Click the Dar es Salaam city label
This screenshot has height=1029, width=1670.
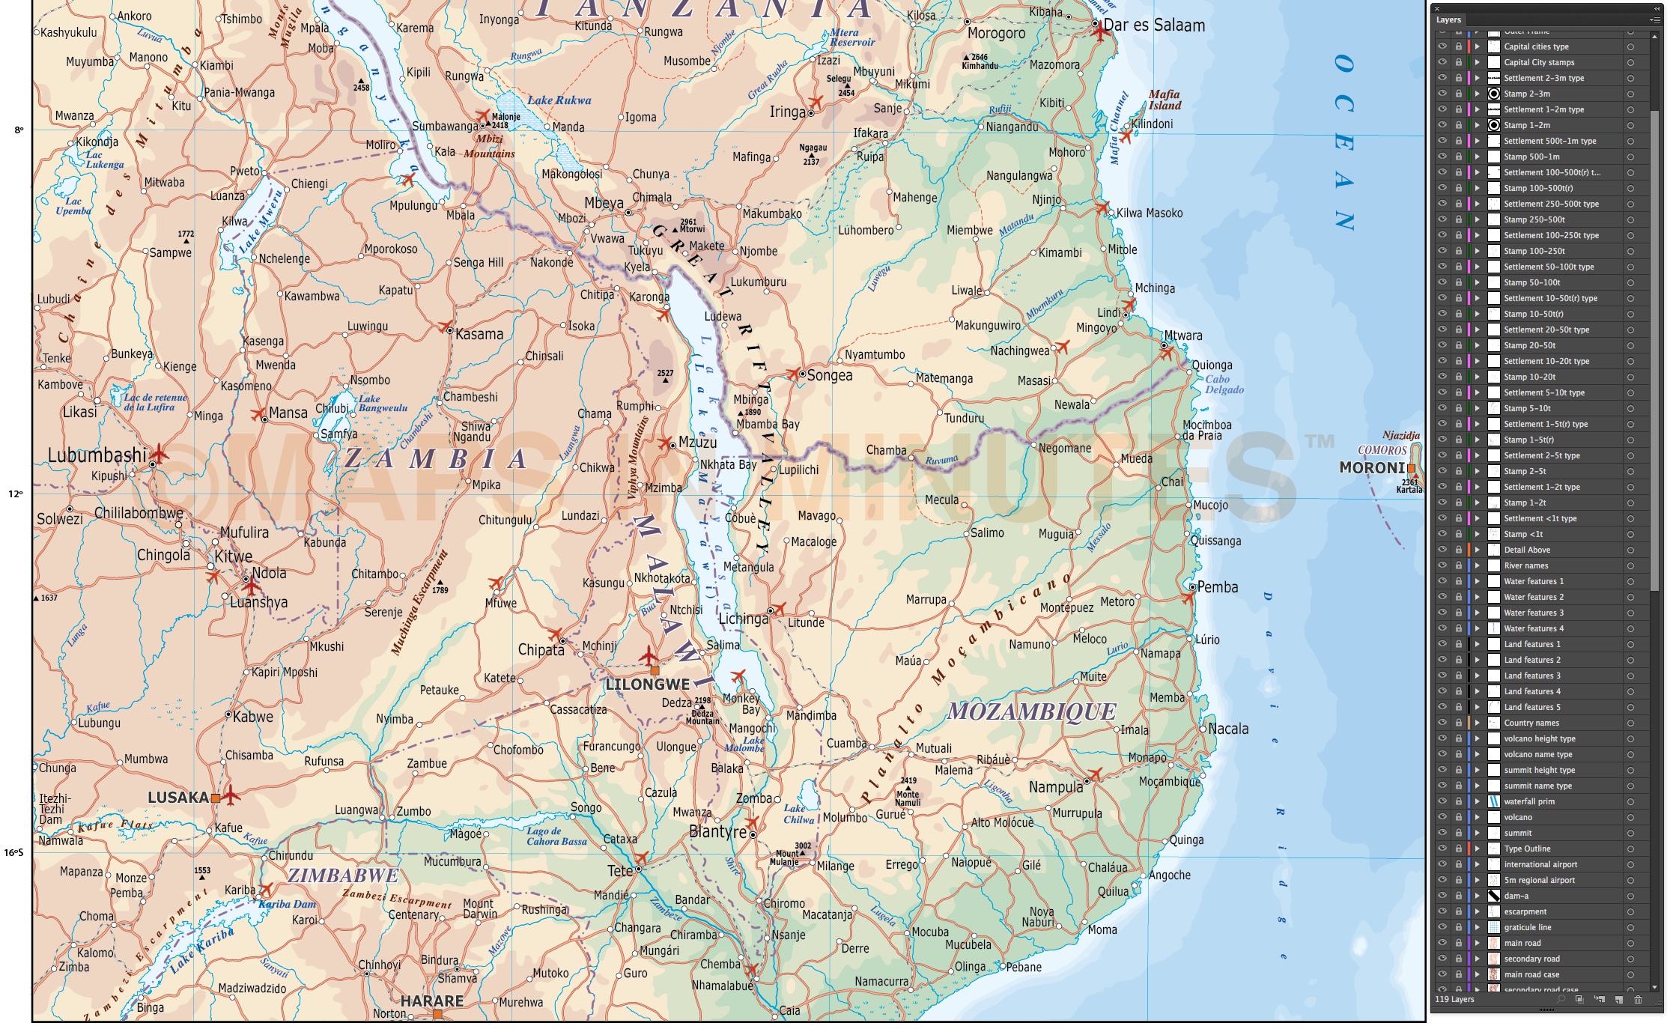pyautogui.click(x=1154, y=25)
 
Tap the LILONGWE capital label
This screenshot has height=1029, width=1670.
pyautogui.click(x=647, y=685)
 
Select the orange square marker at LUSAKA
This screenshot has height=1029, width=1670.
pyautogui.click(x=216, y=798)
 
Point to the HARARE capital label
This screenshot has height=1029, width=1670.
pyautogui.click(x=431, y=1001)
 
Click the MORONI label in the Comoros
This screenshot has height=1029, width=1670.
pyautogui.click(x=1372, y=468)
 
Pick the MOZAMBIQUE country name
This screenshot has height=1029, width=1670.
pyautogui.click(x=1031, y=711)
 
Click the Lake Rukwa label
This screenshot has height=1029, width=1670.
pyautogui.click(x=559, y=100)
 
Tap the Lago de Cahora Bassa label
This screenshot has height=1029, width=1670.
pyautogui.click(x=556, y=836)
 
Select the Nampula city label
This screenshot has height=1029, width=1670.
pyautogui.click(x=1056, y=787)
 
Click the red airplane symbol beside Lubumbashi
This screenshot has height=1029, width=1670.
pyautogui.click(x=160, y=452)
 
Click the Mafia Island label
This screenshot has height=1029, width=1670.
pyautogui.click(x=1165, y=100)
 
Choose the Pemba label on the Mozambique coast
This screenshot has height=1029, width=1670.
pyautogui.click(x=1217, y=587)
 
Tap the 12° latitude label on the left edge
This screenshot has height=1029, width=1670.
pyautogui.click(x=15, y=494)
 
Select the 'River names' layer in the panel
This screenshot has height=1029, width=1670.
pyautogui.click(x=1525, y=565)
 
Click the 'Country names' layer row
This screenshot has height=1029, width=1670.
pyautogui.click(x=1531, y=723)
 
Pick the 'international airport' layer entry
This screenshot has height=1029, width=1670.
pyautogui.click(x=1540, y=864)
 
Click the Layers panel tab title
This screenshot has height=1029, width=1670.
pyautogui.click(x=1448, y=20)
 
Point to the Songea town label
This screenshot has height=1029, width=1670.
pyautogui.click(x=829, y=375)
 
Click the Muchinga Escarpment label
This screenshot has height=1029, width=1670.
pyautogui.click(x=419, y=603)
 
